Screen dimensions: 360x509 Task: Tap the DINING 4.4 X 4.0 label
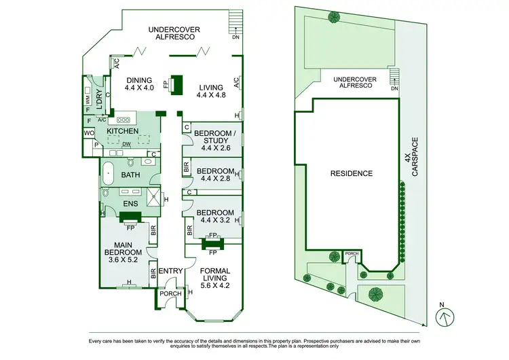[x=140, y=84]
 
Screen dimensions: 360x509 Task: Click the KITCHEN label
[x=122, y=131]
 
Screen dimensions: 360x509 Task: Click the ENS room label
[x=130, y=203]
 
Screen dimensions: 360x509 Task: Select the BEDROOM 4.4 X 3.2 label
[x=215, y=217]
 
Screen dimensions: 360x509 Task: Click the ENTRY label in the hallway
[x=170, y=272]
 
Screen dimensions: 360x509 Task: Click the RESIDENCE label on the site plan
[x=351, y=173]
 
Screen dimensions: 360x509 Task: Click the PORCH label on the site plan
[x=352, y=254]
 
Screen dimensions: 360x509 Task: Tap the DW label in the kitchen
[x=126, y=144]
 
